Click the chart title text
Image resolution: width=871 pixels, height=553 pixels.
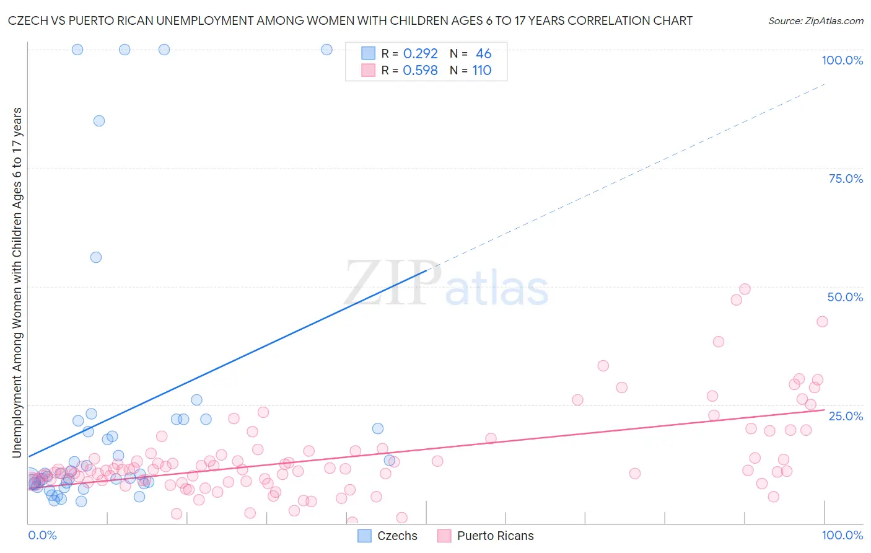pyautogui.click(x=351, y=20)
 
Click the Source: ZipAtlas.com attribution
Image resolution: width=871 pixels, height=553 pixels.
pyautogui.click(x=815, y=20)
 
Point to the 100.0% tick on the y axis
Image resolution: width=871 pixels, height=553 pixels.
pyautogui.click(x=842, y=60)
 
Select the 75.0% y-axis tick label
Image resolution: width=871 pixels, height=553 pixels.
pyautogui.click(x=846, y=179)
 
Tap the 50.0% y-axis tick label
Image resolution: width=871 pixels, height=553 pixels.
pyautogui.click(x=845, y=297)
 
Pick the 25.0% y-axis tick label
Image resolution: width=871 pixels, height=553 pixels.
pyautogui.click(x=846, y=415)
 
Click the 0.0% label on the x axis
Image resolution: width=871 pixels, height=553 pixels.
pyautogui.click(x=42, y=535)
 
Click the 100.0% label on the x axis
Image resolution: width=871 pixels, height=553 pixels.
pyautogui.click(x=842, y=535)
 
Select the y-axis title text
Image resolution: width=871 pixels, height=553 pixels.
pyautogui.click(x=17, y=283)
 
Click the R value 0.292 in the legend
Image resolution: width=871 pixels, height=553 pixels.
pyautogui.click(x=420, y=53)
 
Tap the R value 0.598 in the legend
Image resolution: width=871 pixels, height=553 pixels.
pyautogui.click(x=420, y=70)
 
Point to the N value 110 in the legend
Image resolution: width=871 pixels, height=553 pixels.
pyautogui.click(x=481, y=70)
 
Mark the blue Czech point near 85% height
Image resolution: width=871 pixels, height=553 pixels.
pyautogui.click(x=99, y=121)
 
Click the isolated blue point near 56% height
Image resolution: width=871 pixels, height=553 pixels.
pyautogui.click(x=96, y=257)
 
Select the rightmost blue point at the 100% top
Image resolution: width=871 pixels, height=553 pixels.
pyautogui.click(x=326, y=50)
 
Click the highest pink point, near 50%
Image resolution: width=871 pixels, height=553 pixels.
pyautogui.click(x=745, y=289)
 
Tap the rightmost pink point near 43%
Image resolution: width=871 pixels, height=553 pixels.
pyautogui.click(x=822, y=321)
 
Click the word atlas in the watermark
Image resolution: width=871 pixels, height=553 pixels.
pyautogui.click(x=497, y=289)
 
